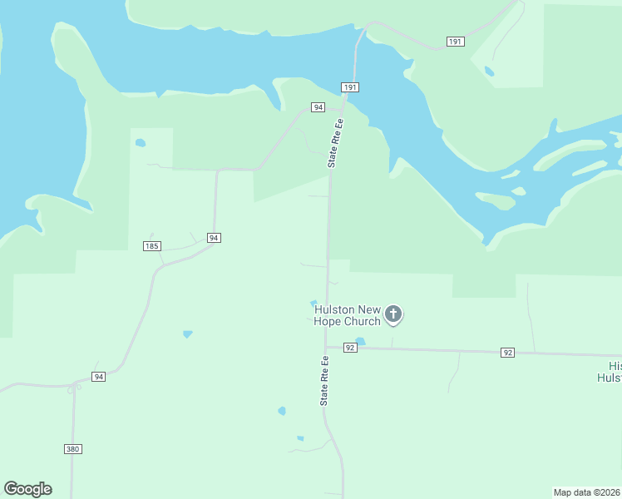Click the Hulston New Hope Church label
(x=347, y=315)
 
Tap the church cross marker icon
(x=393, y=314)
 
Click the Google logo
(x=27, y=489)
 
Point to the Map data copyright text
(x=587, y=492)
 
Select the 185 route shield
(x=151, y=246)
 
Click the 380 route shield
(x=73, y=449)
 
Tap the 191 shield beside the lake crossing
(x=350, y=87)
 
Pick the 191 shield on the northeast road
(x=455, y=42)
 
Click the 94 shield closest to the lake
(x=318, y=107)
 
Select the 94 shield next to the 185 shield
(x=214, y=238)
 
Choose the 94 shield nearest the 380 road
(x=98, y=377)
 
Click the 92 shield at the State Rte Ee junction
(x=349, y=348)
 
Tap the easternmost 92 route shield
(x=507, y=353)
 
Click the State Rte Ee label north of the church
(x=335, y=145)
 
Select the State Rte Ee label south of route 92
(x=325, y=381)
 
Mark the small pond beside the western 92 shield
(x=360, y=341)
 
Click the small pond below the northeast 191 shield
(x=489, y=72)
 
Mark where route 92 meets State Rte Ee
(x=327, y=347)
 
